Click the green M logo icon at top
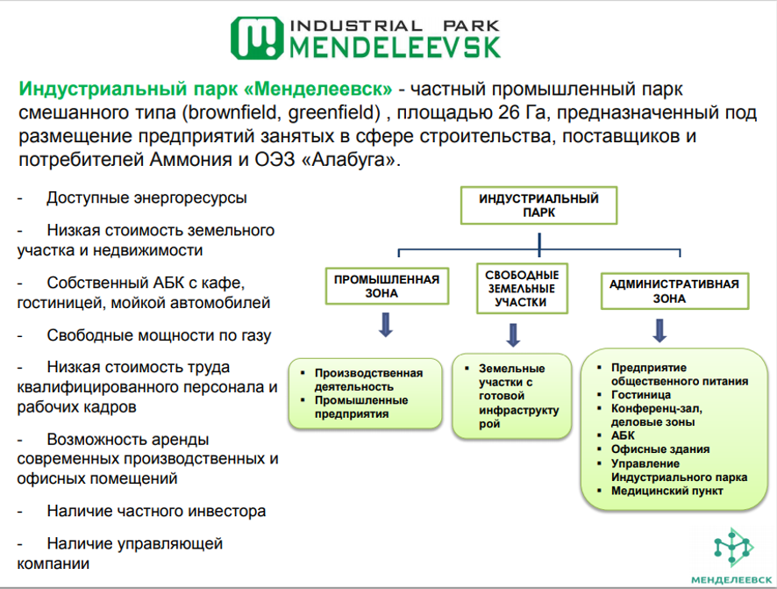[x=256, y=37]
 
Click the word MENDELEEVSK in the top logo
[x=395, y=47]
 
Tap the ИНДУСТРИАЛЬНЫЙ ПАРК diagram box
[x=538, y=205]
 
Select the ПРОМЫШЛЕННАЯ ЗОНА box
[x=386, y=287]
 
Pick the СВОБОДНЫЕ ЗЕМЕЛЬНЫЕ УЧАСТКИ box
[x=522, y=288]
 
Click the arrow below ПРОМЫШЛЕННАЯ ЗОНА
[x=385, y=327]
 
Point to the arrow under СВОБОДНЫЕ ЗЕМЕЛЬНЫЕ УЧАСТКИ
[x=514, y=334]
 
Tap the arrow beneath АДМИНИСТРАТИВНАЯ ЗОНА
[x=659, y=329]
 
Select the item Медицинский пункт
[x=667, y=491]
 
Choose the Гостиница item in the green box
[x=641, y=395]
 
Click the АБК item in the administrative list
[x=624, y=435]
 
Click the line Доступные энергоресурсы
[x=146, y=198]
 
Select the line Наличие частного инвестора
[x=156, y=511]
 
